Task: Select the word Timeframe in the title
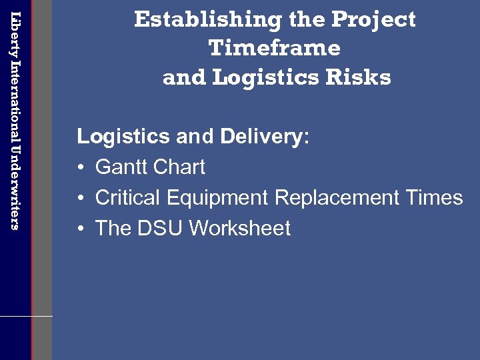click(275, 48)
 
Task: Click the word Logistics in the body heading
click(123, 137)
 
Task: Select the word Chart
click(181, 167)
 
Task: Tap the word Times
click(438, 197)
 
